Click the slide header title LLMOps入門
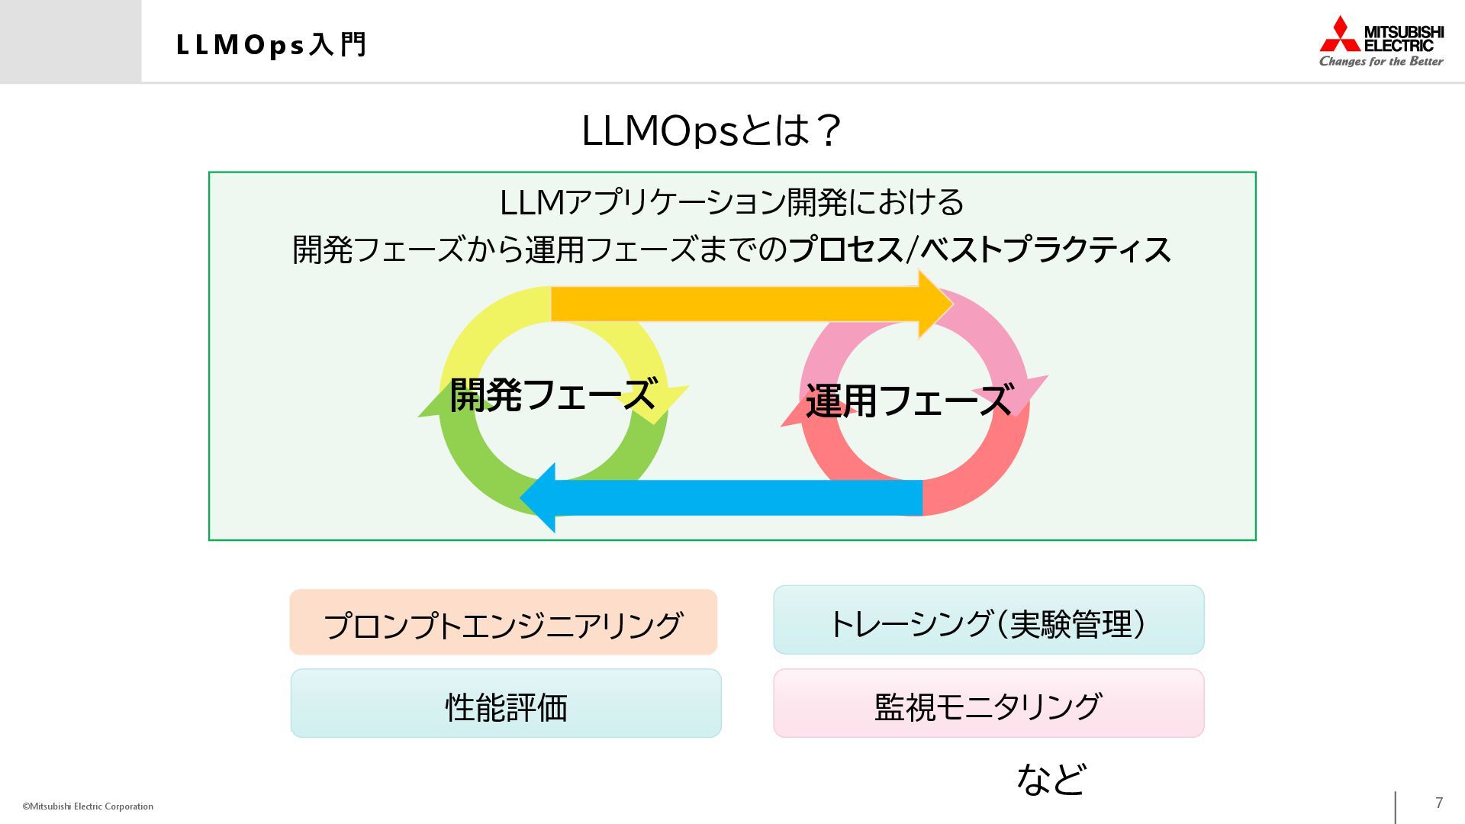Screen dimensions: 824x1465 tap(272, 45)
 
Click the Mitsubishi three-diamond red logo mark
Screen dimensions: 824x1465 tap(1340, 34)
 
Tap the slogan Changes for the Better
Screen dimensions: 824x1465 tap(1381, 62)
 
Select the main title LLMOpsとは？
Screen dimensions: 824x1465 tap(711, 130)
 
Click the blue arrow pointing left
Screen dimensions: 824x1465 tap(725, 497)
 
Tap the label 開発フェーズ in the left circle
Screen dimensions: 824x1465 tap(552, 395)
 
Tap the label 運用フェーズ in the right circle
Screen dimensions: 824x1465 tap(909, 401)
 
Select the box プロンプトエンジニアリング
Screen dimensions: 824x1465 tap(504, 623)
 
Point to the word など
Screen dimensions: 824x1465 tap(1051, 779)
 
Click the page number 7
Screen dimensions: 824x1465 tap(1439, 803)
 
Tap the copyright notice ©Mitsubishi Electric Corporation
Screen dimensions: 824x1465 tap(88, 806)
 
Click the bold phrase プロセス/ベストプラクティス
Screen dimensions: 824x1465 tap(980, 249)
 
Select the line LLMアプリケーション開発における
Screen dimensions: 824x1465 tap(732, 202)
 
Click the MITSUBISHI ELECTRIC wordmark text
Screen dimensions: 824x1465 tap(1403, 38)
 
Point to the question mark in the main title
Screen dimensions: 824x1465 tap(827, 130)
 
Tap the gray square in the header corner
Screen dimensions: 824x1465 tap(70, 41)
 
